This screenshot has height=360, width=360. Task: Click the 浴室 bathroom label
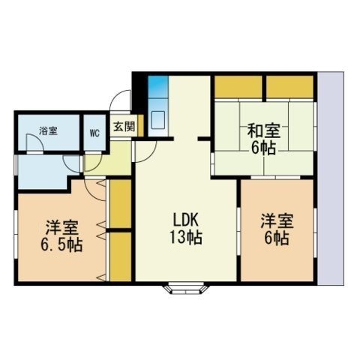pos(48,131)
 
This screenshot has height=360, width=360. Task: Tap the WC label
pos(94,133)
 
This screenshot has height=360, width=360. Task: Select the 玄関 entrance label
pos(124,127)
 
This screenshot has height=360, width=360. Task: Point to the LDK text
pos(186,220)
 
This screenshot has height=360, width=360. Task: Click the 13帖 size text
pos(186,237)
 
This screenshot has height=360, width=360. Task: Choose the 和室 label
pos(264,130)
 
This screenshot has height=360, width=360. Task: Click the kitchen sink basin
pos(158,120)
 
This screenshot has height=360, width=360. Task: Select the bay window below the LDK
pos(186,288)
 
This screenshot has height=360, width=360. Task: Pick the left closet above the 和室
pos(238,87)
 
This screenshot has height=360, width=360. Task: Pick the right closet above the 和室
pos(289,87)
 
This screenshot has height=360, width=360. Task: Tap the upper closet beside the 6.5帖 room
pos(121,203)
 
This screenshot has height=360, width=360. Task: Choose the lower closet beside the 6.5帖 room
pos(121,257)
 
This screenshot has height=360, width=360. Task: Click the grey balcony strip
pos(331,178)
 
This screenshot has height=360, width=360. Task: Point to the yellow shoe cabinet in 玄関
pos(141,125)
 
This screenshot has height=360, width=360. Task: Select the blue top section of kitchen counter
pos(158,87)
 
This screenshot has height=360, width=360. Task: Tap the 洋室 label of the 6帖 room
pos(277,220)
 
